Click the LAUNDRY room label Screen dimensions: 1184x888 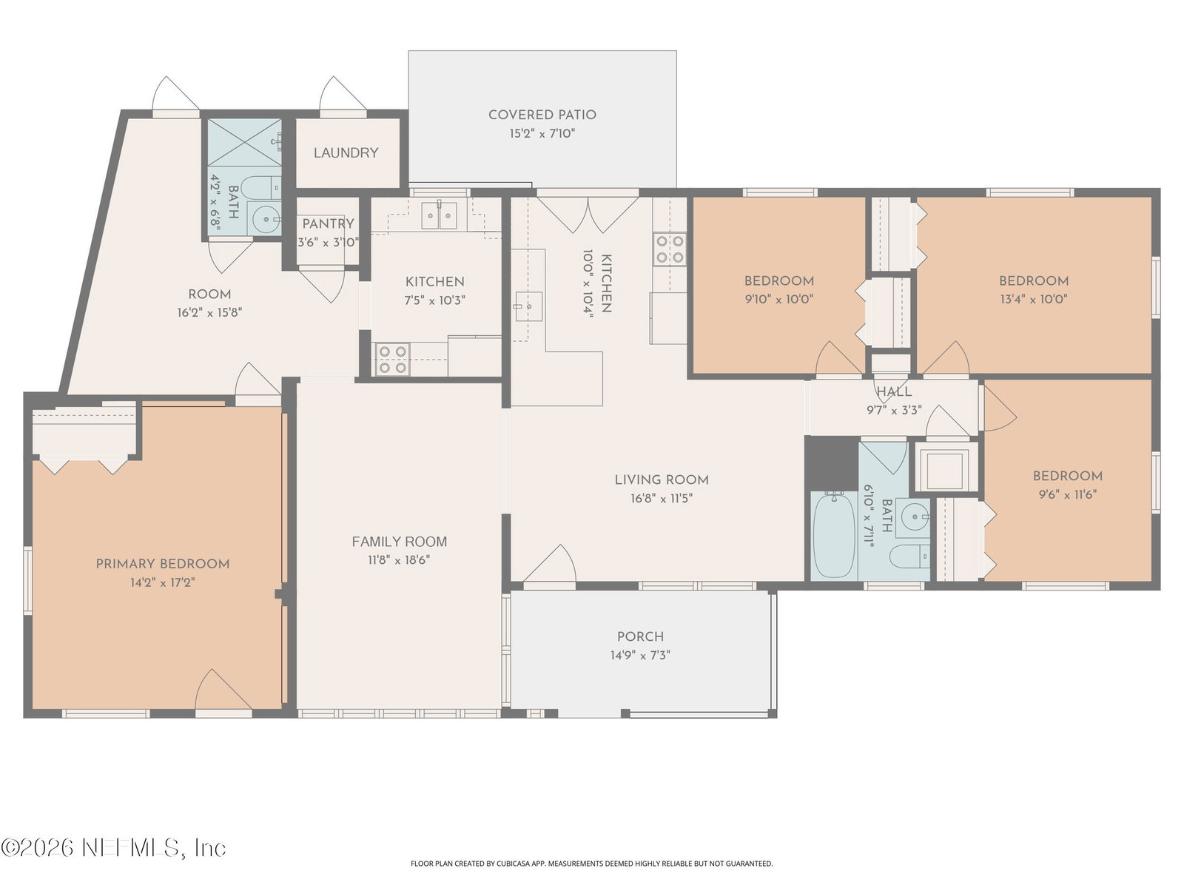(346, 152)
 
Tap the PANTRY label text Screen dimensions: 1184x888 (328, 223)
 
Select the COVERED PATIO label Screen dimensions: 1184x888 (542, 114)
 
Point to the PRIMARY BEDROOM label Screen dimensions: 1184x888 (162, 563)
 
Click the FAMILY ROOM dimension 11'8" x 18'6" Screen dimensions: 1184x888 (399, 559)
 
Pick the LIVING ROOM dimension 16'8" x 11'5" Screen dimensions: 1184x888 (662, 497)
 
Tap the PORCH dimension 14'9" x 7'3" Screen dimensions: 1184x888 (640, 655)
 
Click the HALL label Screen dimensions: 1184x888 (894, 391)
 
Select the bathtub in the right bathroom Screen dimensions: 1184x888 (834, 535)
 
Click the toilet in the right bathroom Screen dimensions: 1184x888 (909, 556)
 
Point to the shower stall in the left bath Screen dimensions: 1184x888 (245, 142)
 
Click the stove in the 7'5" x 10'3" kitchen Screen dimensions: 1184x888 (393, 359)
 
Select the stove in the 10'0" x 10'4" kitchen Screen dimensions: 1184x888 (670, 249)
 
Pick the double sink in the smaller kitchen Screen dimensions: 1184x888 (439, 215)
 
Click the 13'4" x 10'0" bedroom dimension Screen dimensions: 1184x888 (1034, 299)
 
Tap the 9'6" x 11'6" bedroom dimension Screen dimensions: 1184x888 (1068, 494)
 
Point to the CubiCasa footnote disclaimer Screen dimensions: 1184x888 (591, 864)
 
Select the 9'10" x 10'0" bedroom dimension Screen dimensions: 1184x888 (778, 299)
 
